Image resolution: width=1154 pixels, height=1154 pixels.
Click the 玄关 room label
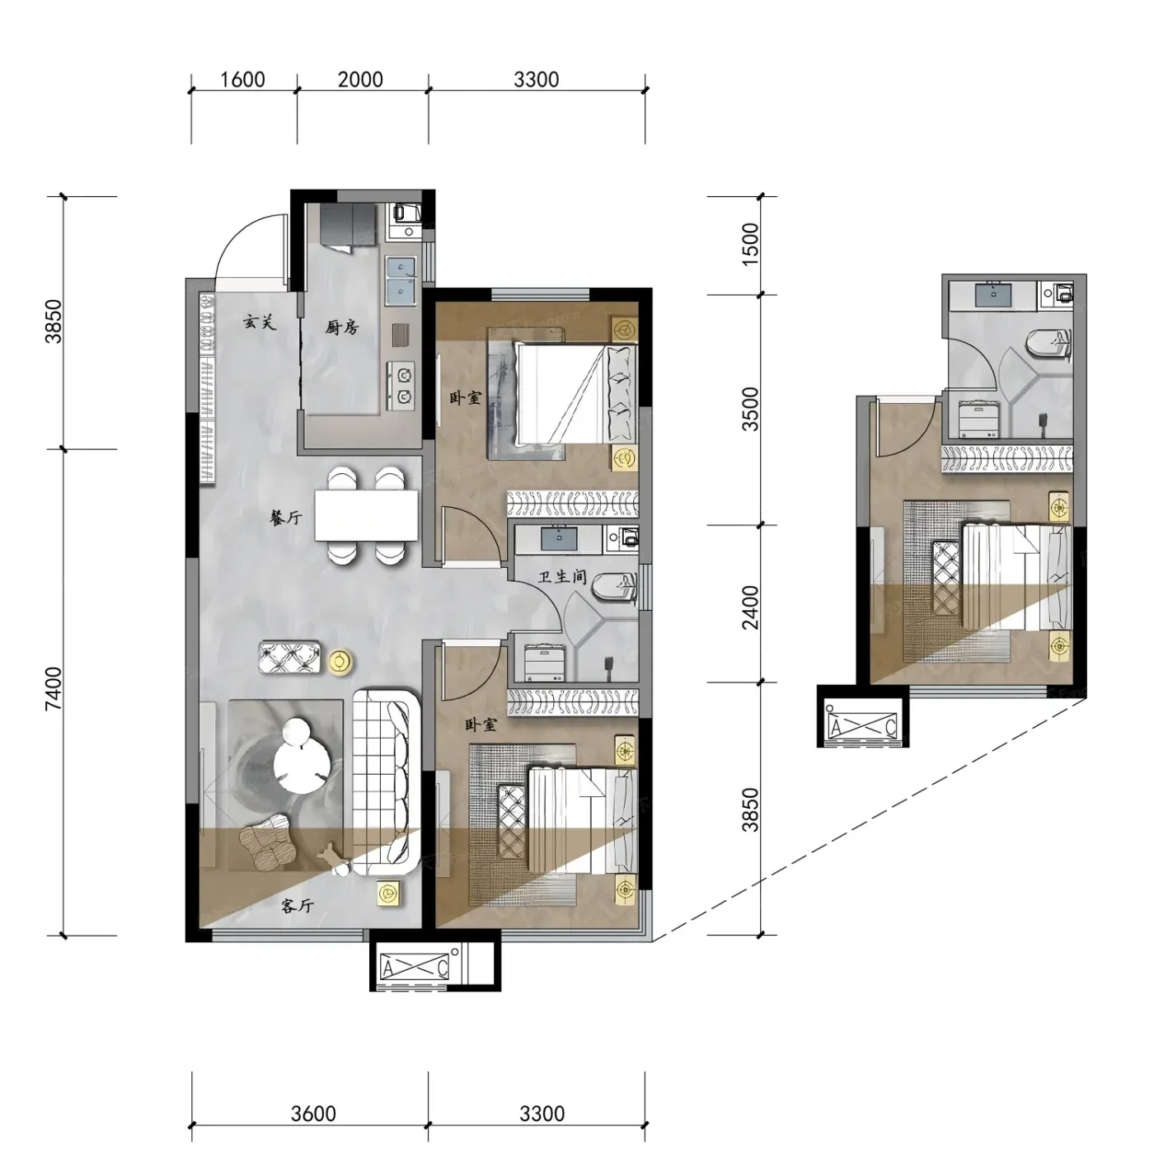point(259,322)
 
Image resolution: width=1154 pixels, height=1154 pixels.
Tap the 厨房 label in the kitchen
point(342,327)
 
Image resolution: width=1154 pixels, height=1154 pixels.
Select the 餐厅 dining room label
point(286,518)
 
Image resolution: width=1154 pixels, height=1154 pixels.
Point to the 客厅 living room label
point(297,905)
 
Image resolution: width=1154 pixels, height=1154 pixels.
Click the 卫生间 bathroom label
point(561,577)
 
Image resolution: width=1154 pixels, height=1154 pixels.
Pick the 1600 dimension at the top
point(242,80)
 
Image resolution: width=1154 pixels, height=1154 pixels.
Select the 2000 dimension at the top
point(360,80)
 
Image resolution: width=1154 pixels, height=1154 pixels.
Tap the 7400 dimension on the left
point(54,688)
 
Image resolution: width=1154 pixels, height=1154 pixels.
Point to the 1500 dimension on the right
point(750,240)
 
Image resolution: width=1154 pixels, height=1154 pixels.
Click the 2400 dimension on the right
point(750,607)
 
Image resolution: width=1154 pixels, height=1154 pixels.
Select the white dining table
point(366,516)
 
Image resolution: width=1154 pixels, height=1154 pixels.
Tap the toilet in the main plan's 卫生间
point(613,590)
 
